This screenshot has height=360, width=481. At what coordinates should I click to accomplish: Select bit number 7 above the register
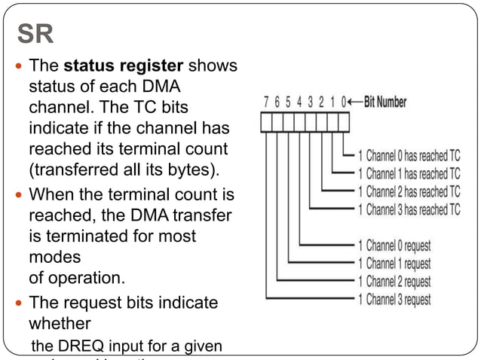(x=266, y=102)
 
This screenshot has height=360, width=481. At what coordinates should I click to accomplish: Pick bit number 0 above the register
(x=344, y=102)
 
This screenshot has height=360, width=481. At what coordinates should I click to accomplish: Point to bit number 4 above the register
(x=300, y=102)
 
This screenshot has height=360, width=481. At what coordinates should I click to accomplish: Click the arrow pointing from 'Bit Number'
(x=356, y=102)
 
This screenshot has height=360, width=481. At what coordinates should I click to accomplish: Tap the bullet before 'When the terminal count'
(x=19, y=196)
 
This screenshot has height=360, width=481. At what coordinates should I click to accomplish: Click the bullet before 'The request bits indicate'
(x=19, y=303)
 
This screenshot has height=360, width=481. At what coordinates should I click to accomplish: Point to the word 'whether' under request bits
(x=60, y=323)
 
